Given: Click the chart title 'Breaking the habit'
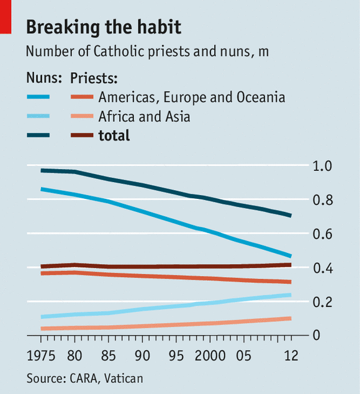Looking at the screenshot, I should (x=104, y=27).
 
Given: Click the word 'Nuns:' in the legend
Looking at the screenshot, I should (x=44, y=78).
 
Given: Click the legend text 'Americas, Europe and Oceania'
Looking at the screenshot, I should (x=191, y=97).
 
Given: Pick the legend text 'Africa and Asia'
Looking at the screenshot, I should (x=144, y=116).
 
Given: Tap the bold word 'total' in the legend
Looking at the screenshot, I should (x=114, y=135).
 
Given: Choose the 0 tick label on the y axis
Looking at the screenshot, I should (x=317, y=336).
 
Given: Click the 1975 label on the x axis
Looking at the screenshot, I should (x=41, y=356).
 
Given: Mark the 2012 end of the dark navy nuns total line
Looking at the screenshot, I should (x=290, y=216).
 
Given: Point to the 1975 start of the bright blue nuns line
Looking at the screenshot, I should (x=41, y=188).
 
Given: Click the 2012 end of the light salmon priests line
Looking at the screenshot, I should (x=290, y=319).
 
